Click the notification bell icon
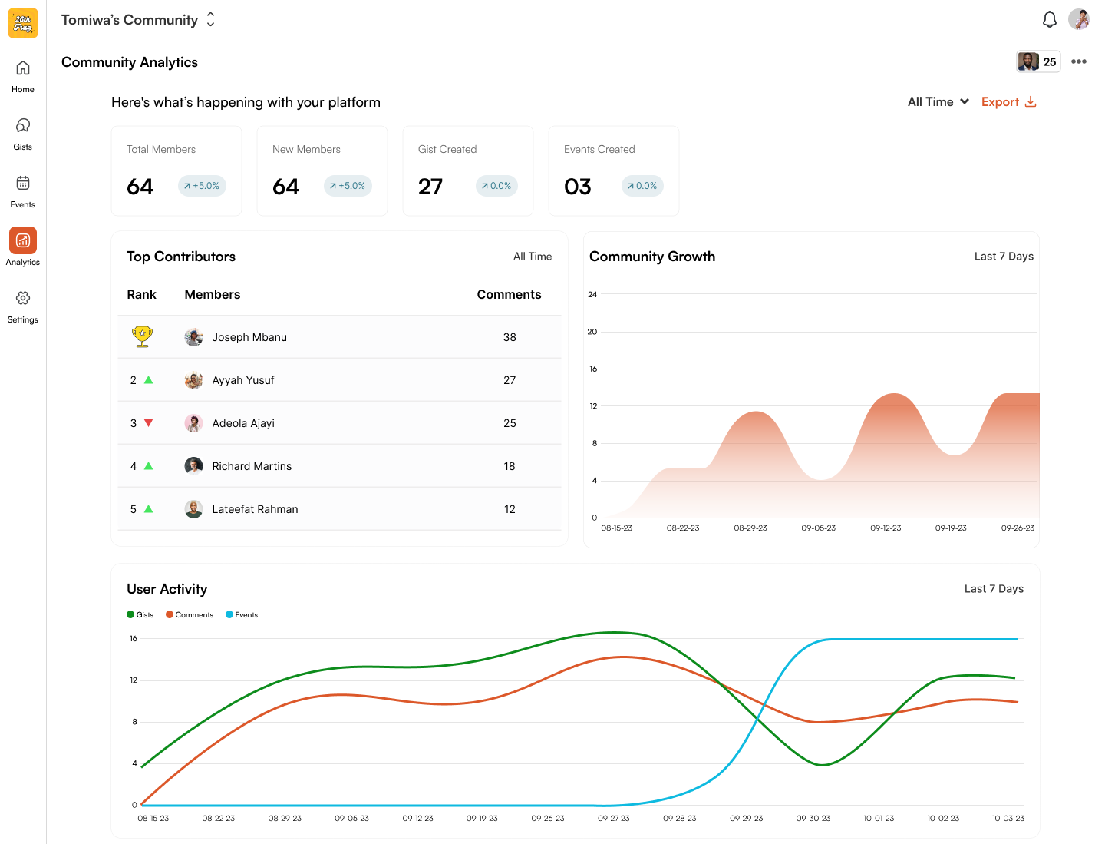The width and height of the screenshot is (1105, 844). (1049, 19)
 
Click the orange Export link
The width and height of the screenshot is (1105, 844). (1008, 102)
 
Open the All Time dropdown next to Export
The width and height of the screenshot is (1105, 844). (938, 102)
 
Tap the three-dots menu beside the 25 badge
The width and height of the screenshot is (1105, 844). (1078, 61)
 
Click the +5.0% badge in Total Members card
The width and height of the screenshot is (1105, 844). (202, 186)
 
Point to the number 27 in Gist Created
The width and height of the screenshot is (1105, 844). (430, 187)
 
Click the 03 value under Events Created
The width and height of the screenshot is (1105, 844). (577, 187)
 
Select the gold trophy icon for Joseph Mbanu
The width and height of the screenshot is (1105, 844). (142, 336)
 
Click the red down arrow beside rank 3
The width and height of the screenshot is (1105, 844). (149, 422)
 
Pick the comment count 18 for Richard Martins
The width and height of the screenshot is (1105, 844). (510, 466)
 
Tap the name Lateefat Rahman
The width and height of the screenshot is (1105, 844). (255, 509)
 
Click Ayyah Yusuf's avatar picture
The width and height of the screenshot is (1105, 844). (193, 380)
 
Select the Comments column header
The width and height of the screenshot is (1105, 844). (509, 294)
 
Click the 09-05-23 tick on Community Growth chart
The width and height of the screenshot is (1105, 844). (818, 528)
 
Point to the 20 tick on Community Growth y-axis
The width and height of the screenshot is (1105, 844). (592, 332)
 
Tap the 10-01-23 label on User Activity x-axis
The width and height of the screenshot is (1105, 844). (879, 819)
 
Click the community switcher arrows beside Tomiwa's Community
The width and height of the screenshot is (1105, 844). (210, 20)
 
